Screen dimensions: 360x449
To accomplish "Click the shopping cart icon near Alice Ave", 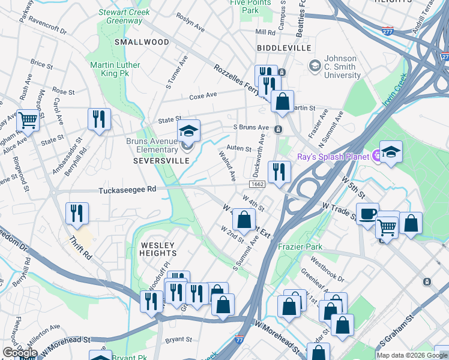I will coord(28,121).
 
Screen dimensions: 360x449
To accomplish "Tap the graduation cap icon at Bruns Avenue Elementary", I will coord(188,131).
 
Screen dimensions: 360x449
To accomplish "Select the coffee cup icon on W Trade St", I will coord(367,213).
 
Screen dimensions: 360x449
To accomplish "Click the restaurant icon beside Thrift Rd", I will coord(77,214).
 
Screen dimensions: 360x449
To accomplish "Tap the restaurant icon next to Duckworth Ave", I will coord(279,172).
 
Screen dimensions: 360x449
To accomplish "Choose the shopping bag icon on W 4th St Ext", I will coord(244,220).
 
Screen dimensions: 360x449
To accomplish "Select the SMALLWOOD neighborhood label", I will coord(142,42).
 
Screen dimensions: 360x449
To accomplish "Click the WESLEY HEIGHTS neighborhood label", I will coord(158,250).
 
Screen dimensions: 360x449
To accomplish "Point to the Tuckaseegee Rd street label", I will coord(127,189).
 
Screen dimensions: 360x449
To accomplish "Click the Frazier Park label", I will coord(300,247).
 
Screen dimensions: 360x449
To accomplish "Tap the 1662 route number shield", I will coord(257,183).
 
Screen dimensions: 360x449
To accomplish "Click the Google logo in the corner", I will coord(20,353).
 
